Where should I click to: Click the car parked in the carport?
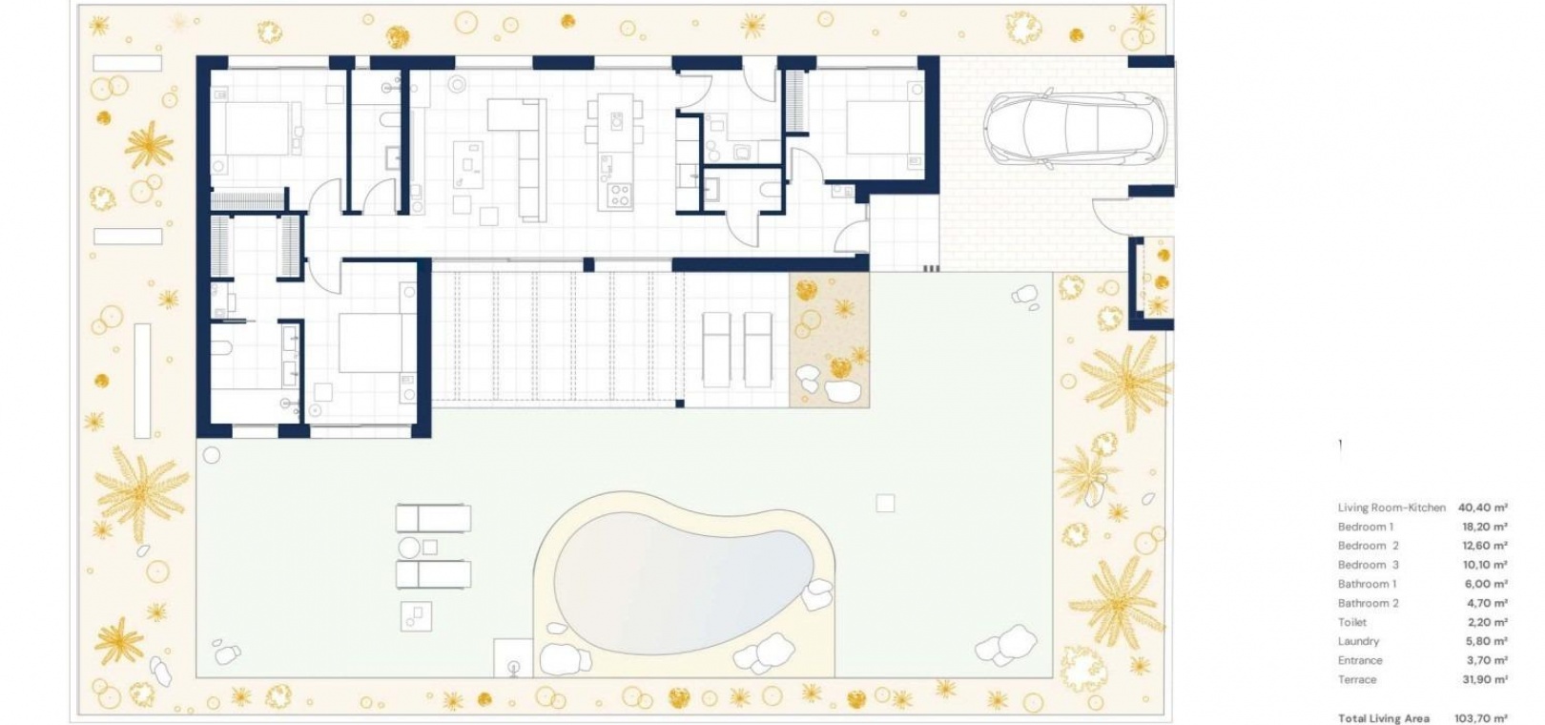point(1075,129)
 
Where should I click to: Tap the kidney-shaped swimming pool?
point(683,584)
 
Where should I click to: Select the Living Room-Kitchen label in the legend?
point(1391,507)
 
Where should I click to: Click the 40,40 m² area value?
point(1482,507)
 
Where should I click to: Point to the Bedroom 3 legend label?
point(1368,565)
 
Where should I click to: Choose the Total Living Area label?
point(1384,718)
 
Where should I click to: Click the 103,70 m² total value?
point(1480,718)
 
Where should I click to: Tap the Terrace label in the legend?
point(1357,679)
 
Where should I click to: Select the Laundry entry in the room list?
point(1358,642)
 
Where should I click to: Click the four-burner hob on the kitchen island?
point(619,196)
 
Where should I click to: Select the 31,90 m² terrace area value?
point(1484,679)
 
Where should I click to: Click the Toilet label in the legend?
point(1352,622)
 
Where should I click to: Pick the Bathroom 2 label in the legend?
point(1368,603)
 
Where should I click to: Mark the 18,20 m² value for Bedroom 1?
point(1482,527)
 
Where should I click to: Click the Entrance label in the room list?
point(1360,660)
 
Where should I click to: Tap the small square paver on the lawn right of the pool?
point(885,503)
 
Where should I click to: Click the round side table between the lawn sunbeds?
point(409,548)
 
